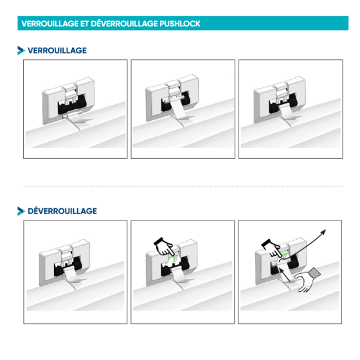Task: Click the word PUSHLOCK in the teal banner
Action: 180,24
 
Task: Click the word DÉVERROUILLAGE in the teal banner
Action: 124,23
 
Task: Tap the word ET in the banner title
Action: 84,24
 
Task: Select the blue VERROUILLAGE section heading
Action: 57,51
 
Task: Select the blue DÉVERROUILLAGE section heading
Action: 62,211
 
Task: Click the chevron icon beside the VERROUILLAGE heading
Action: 21,51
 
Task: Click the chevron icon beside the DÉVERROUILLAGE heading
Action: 21,212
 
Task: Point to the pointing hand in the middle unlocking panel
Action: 164,247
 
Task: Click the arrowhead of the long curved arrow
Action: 323,232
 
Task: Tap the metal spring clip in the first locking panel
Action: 71,94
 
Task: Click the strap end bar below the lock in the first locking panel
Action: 72,114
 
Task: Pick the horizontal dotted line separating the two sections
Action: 183,186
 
